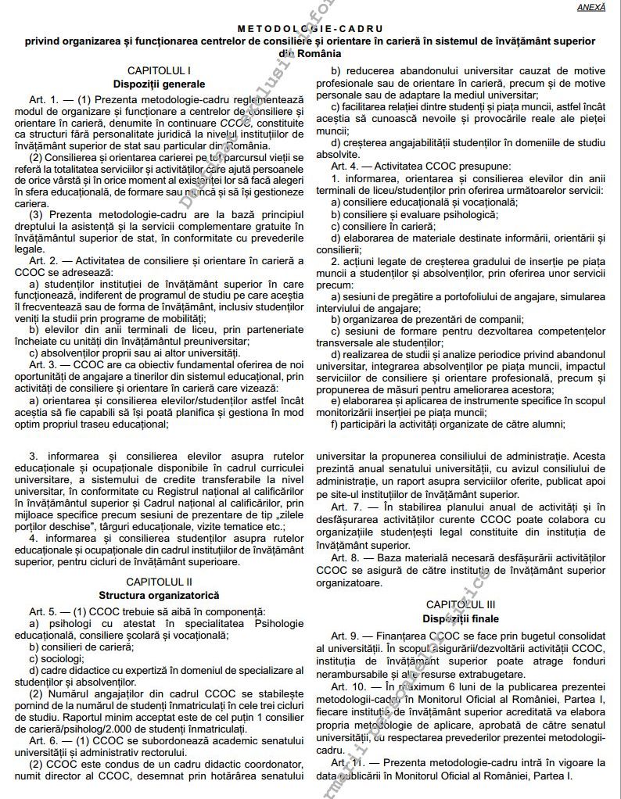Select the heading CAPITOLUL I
(x=159, y=70)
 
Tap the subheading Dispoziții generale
(x=159, y=83)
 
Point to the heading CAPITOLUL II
(x=159, y=582)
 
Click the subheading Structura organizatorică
(x=159, y=594)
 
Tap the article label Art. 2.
(x=45, y=260)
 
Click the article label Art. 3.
(x=45, y=364)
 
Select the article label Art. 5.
(x=45, y=610)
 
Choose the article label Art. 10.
(x=350, y=686)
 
